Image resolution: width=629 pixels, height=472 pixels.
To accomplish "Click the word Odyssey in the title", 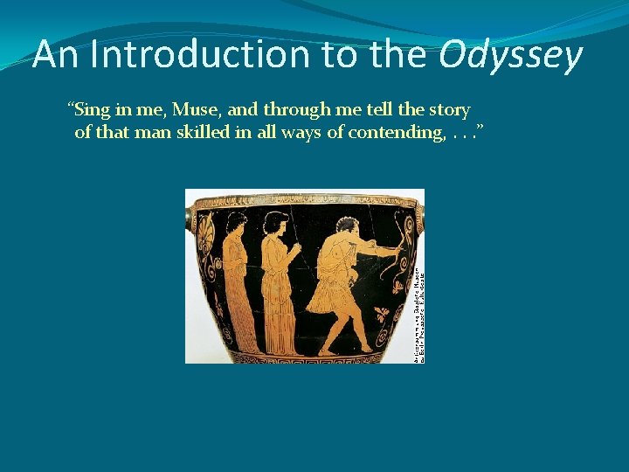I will (511, 56).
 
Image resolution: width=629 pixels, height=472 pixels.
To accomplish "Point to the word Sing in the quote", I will (94, 110).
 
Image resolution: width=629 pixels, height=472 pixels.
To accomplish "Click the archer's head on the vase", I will (338, 222).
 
